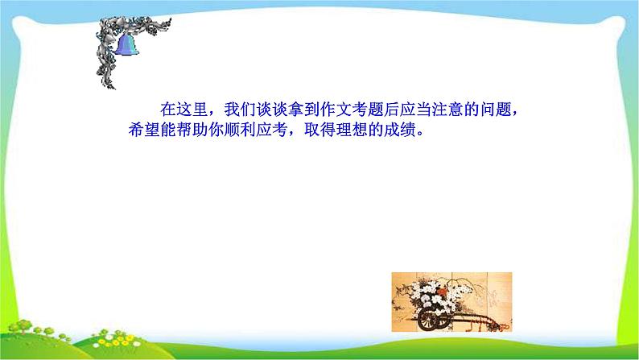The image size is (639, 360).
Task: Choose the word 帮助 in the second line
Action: coord(188,130)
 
